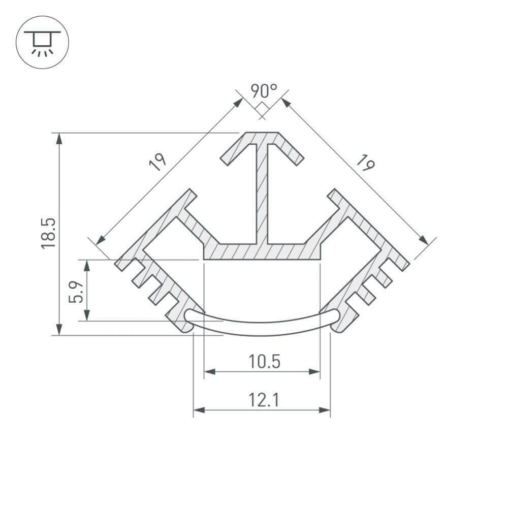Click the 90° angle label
click(264, 91)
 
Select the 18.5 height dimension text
click(48, 233)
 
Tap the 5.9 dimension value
click(76, 291)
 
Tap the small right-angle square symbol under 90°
click(262, 109)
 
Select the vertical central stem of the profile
click(262, 193)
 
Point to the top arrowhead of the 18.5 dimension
click(59, 138)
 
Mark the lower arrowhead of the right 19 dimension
click(423, 240)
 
